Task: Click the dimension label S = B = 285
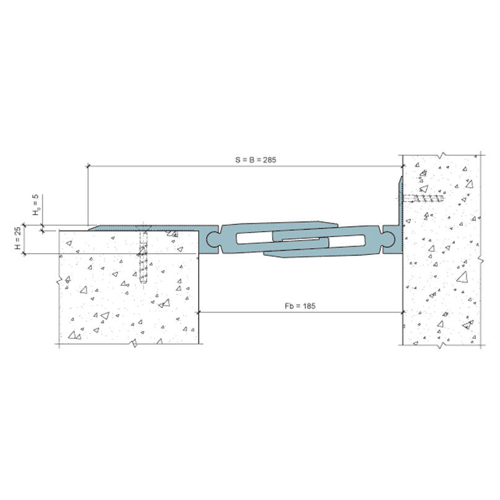point(256,160)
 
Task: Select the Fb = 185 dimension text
point(300,306)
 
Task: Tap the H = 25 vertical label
point(18,238)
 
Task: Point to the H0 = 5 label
point(37,204)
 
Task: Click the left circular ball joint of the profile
point(213,239)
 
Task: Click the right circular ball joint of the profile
point(388,239)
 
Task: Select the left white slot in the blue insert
point(254,238)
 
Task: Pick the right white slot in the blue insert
point(347,241)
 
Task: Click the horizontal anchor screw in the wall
point(423,199)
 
